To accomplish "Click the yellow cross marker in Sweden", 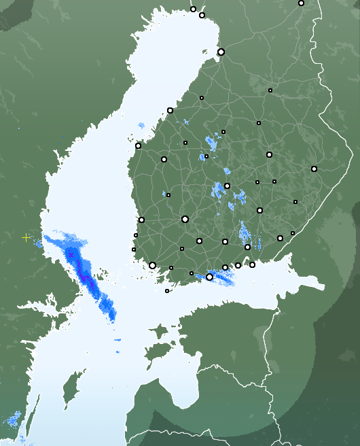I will coord(26,237).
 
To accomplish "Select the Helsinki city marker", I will coord(209,277).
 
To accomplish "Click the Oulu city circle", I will coord(221,52).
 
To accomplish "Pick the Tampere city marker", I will coord(185,219).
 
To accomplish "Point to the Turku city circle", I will coord(152,265).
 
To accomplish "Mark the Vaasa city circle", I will coord(138,145).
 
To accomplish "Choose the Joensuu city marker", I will coord(314,169).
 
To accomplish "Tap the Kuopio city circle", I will coord(269,155).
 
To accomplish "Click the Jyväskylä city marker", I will coord(227,186).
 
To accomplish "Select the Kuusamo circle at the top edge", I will coord(301,3).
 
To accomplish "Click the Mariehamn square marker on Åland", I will coord(167,291).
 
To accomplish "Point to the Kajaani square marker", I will coord(270,90).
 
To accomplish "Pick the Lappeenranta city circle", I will coord(280,238).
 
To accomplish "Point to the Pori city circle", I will coord(141,220).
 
